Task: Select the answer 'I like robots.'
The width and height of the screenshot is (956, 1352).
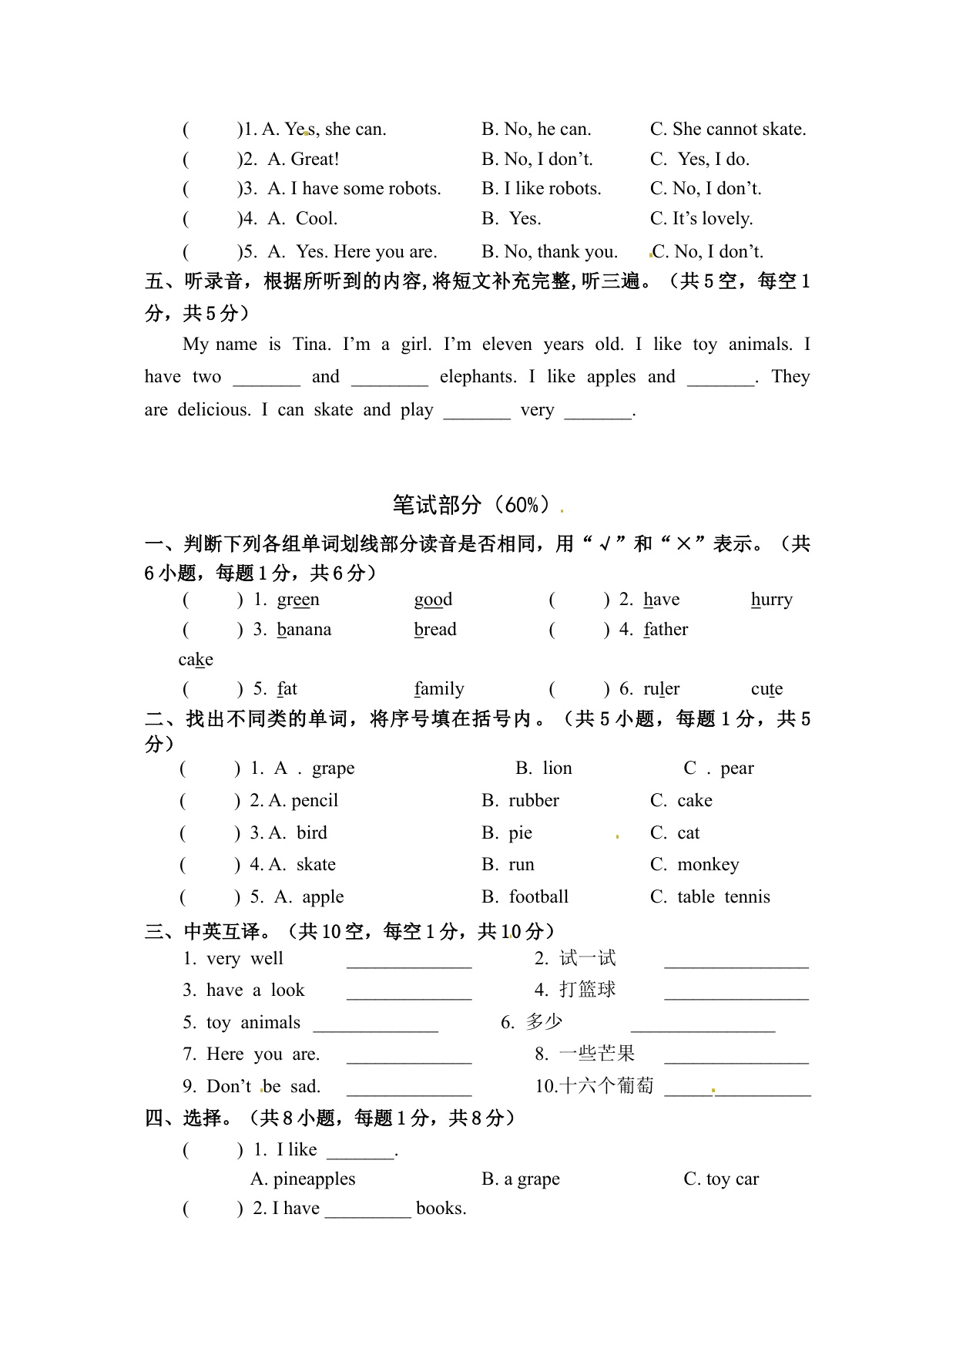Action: (552, 189)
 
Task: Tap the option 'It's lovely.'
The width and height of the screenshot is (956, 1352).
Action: (712, 219)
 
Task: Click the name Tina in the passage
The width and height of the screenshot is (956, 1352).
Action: (311, 345)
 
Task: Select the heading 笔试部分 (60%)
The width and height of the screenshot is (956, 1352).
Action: (471, 505)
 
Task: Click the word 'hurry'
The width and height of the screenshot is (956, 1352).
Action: (771, 600)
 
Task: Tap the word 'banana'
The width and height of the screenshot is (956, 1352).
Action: (304, 630)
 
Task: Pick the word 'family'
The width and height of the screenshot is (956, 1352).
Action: (439, 689)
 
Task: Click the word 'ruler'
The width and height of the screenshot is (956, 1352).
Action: (662, 689)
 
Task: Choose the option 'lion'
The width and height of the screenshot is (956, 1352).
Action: (556, 768)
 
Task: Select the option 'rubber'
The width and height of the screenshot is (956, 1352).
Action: (533, 801)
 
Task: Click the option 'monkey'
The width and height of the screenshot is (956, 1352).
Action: (707, 865)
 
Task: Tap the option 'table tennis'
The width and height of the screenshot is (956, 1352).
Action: (723, 897)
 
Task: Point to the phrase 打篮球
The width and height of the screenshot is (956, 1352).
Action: (587, 990)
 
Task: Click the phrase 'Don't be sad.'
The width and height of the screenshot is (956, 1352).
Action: (263, 1087)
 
